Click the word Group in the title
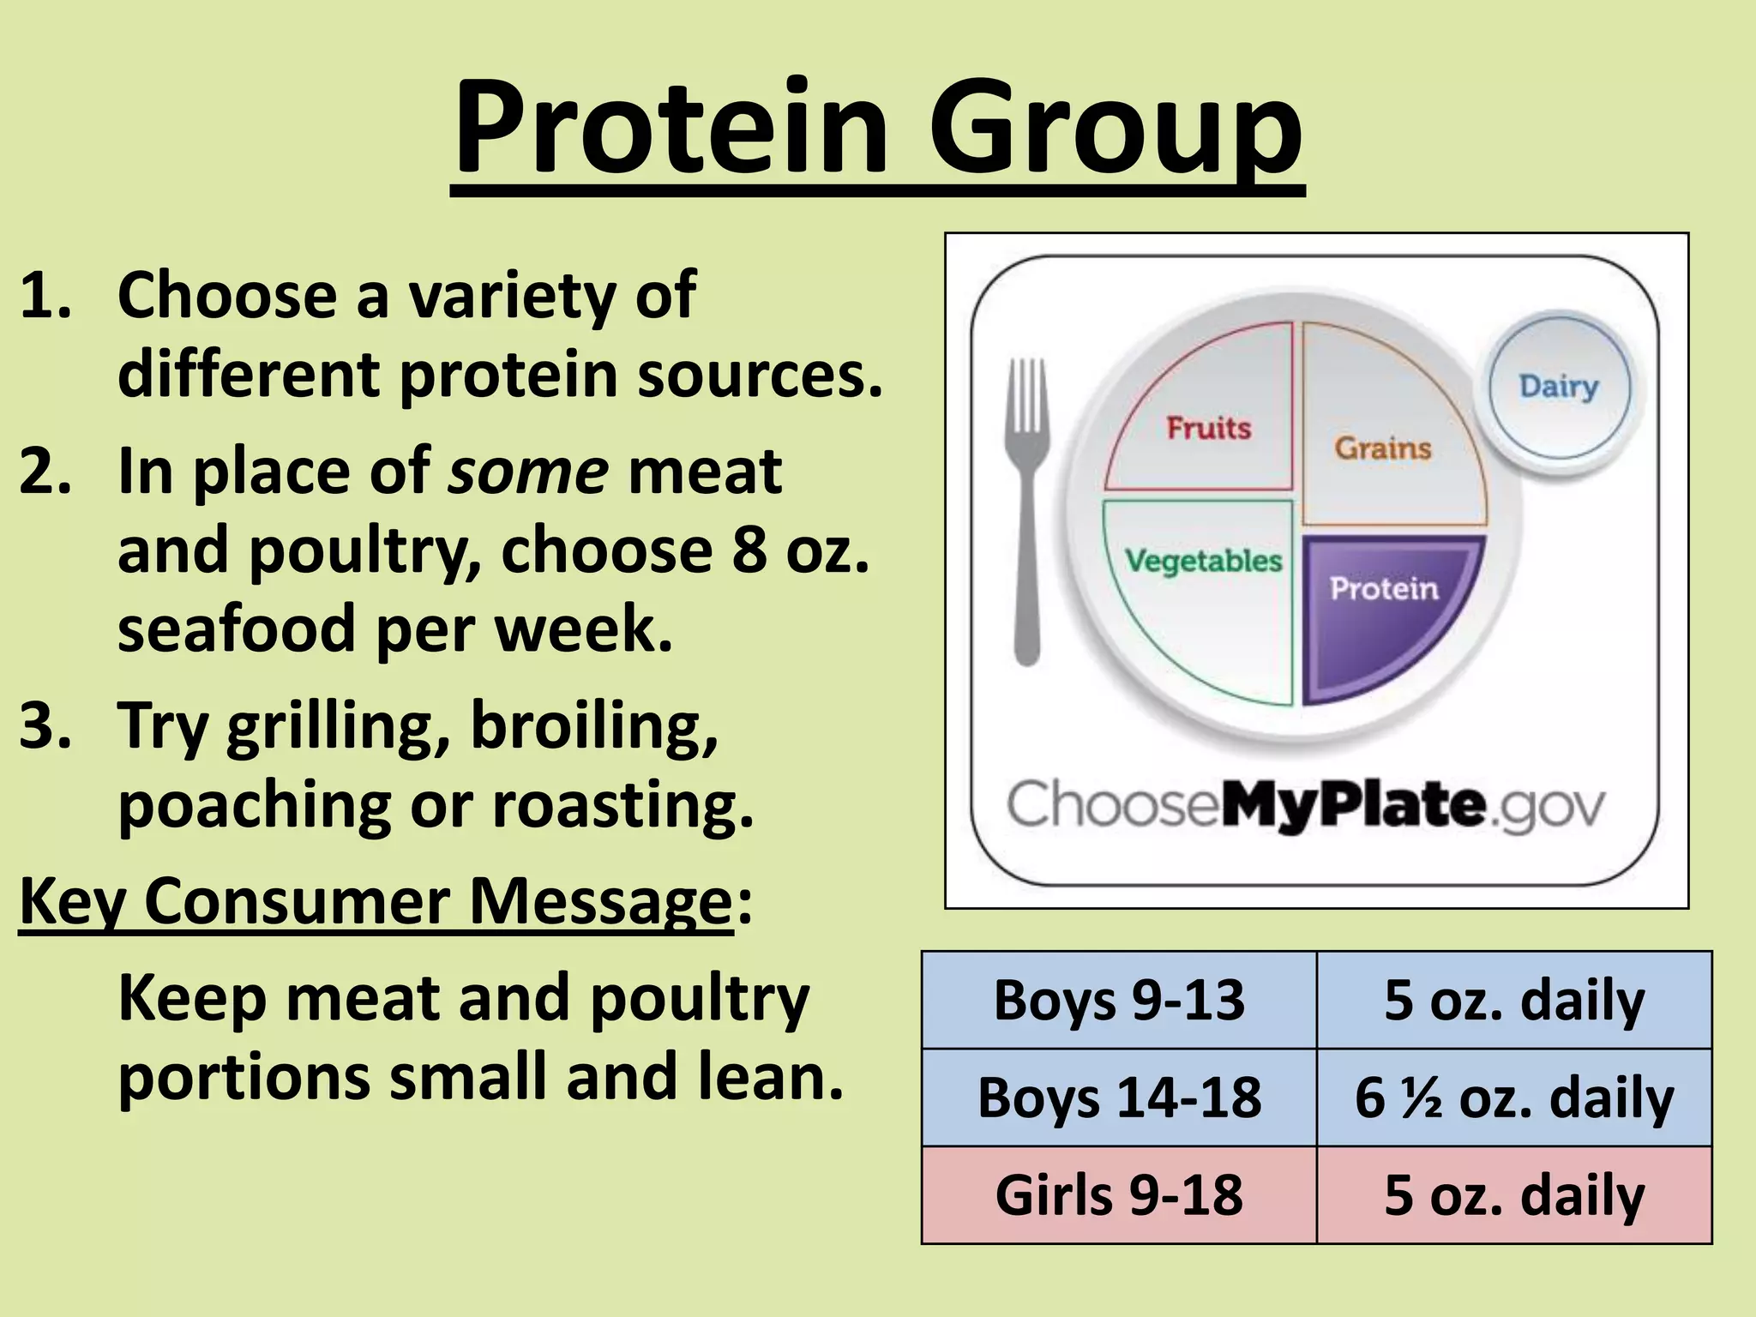tap(1115, 129)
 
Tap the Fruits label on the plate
tap(1208, 427)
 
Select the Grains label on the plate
tap(1382, 448)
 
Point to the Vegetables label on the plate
tap(1203, 561)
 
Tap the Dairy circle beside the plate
tap(1559, 386)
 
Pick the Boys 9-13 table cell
tap(1119, 1000)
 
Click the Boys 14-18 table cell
tap(1119, 1097)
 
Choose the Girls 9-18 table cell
tap(1119, 1194)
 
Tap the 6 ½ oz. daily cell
tap(1514, 1097)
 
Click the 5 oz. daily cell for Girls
tap(1514, 1194)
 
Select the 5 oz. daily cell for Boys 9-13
tap(1514, 1000)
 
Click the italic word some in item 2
tap(528, 472)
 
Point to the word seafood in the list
tap(236, 628)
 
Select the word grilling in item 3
tap(338, 727)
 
